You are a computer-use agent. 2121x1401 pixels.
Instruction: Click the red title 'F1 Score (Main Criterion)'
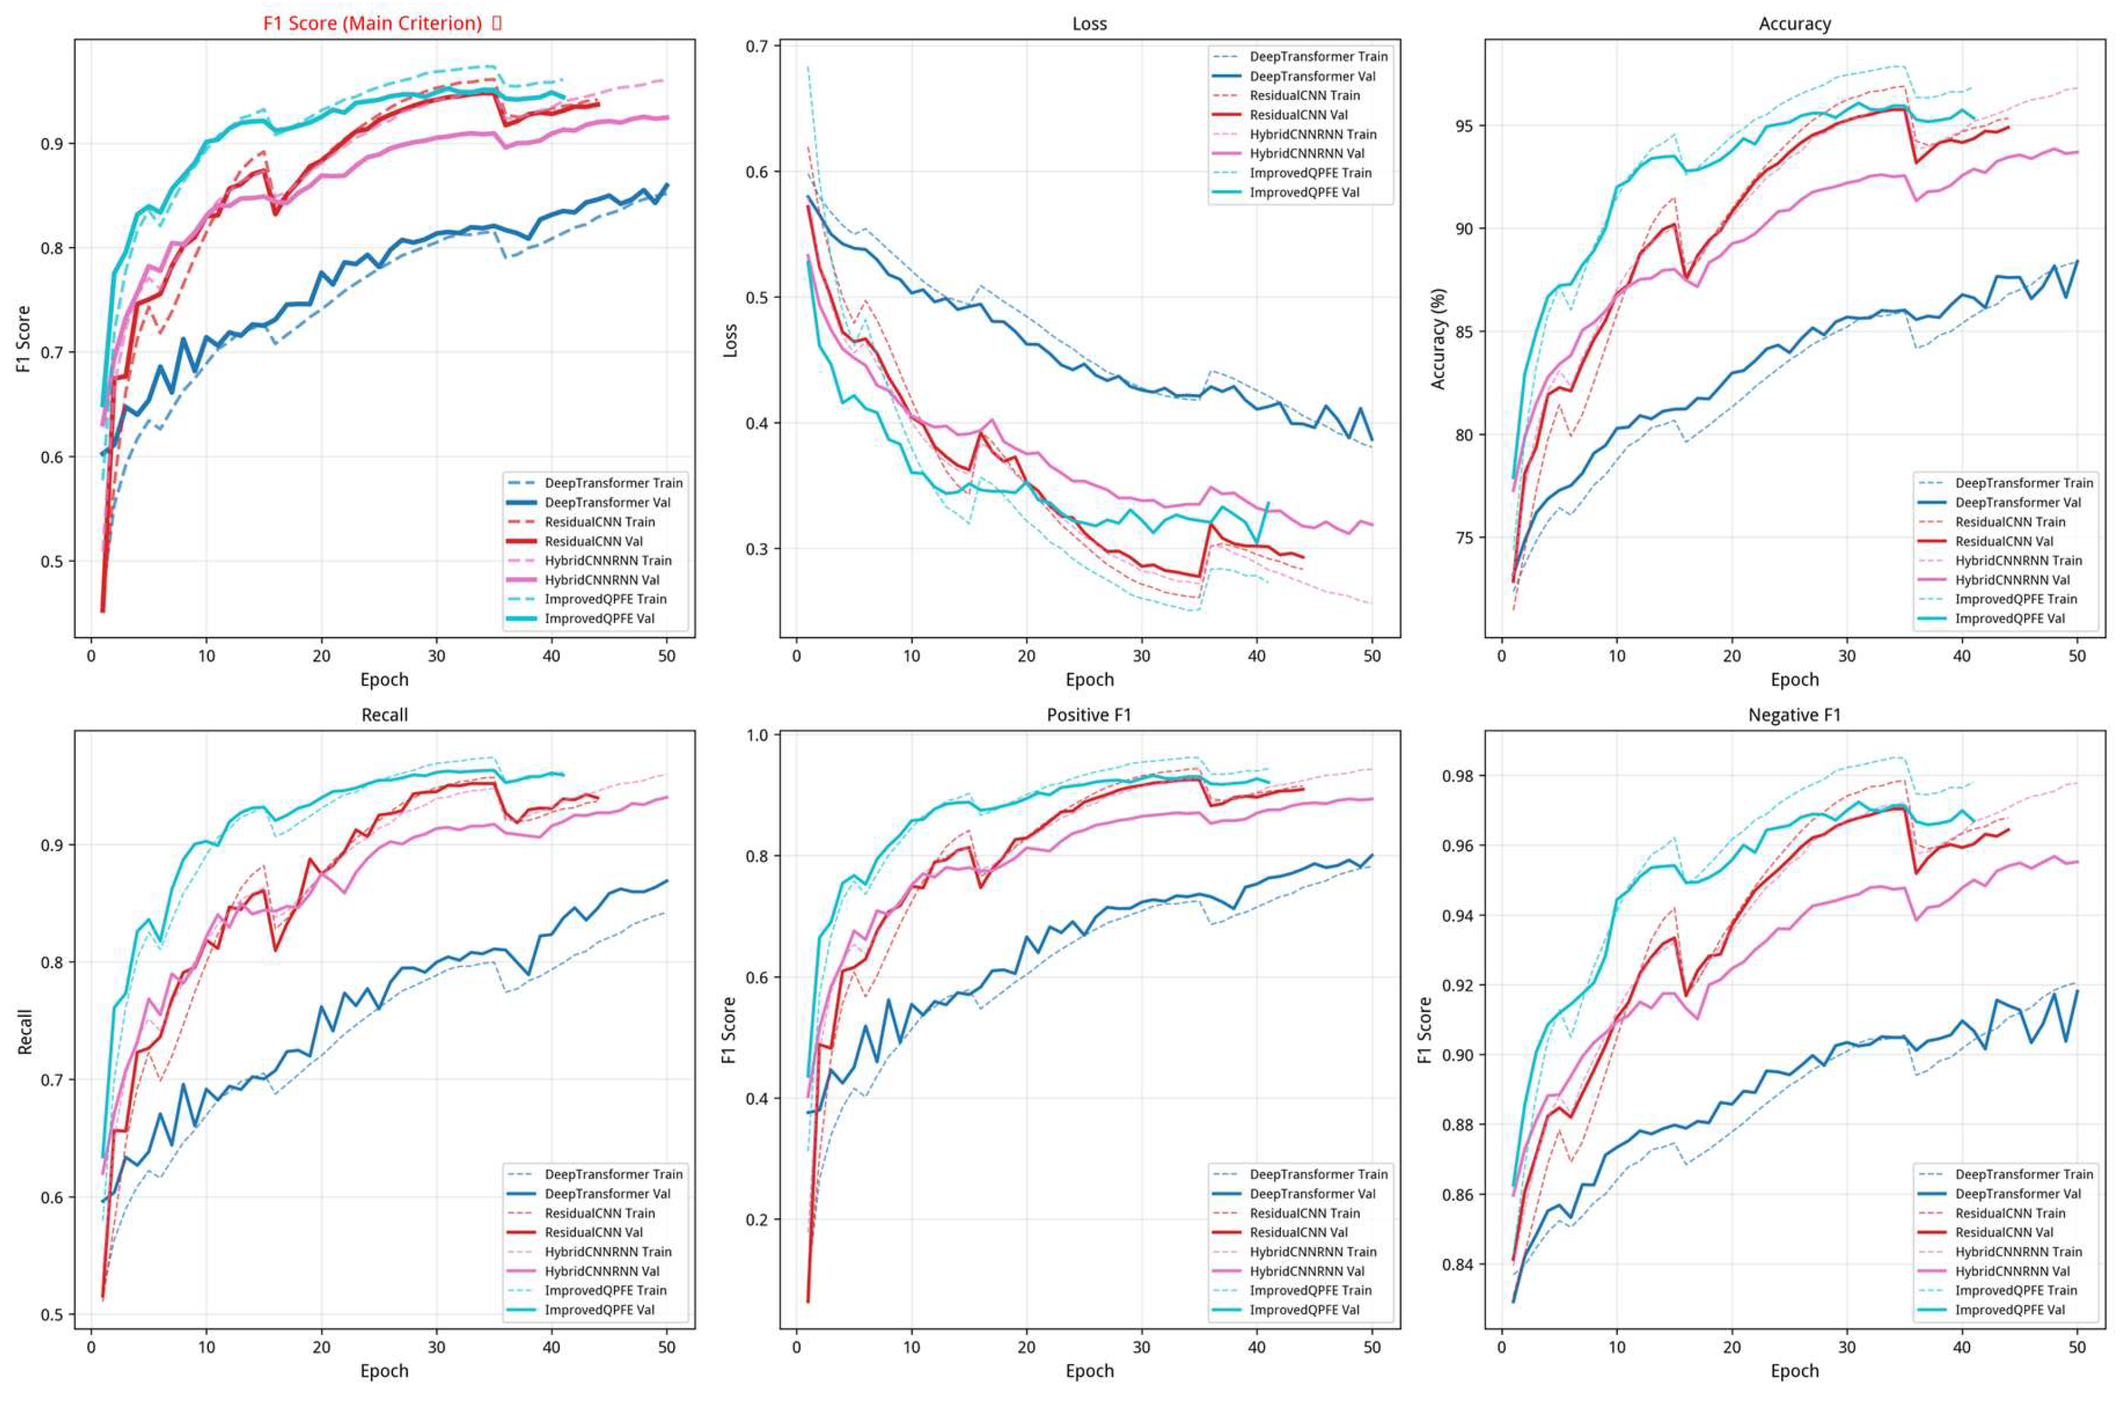tap(372, 23)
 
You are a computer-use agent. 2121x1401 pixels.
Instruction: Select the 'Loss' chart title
tap(1089, 24)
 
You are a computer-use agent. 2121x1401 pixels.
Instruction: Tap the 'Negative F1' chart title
tap(1794, 715)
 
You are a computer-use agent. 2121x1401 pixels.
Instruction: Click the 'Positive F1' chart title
tap(1089, 715)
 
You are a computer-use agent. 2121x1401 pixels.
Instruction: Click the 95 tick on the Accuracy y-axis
tap(1465, 126)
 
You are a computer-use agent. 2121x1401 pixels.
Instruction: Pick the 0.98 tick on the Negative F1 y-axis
tap(1460, 776)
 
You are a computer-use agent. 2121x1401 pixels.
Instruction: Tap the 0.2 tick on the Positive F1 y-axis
tap(762, 1219)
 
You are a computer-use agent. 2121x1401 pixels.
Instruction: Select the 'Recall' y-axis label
tap(25, 1032)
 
